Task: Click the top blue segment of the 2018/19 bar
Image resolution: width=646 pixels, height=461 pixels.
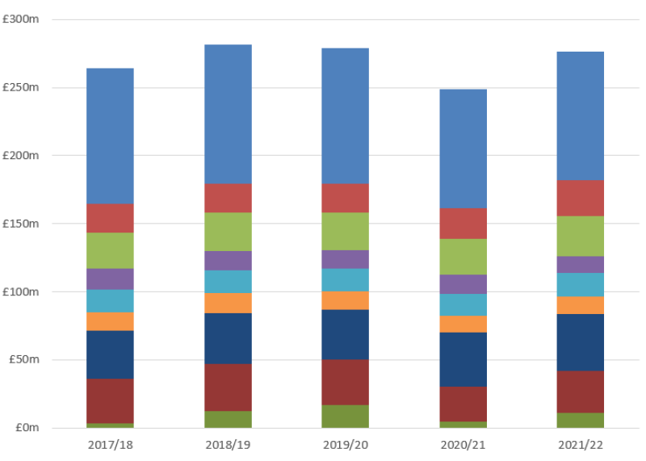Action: pyautogui.click(x=228, y=114)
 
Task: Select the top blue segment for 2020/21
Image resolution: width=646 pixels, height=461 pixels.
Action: pyautogui.click(x=463, y=149)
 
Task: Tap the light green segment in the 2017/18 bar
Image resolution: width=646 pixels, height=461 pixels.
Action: pyautogui.click(x=110, y=250)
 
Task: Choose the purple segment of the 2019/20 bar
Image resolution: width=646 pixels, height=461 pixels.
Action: pyautogui.click(x=345, y=259)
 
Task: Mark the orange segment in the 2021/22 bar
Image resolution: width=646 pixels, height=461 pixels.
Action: pyautogui.click(x=580, y=305)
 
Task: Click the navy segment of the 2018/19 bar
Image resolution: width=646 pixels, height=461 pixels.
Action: pyautogui.click(x=228, y=338)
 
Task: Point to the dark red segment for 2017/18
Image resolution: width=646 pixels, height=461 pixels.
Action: pyautogui.click(x=110, y=400)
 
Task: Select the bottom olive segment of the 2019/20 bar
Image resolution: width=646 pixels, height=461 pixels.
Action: pyautogui.click(x=345, y=416)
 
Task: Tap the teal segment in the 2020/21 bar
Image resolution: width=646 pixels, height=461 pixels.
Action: pyautogui.click(x=463, y=304)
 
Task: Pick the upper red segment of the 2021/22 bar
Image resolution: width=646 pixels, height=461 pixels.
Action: pyautogui.click(x=580, y=198)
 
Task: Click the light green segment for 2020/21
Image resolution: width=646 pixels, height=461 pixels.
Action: pyautogui.click(x=463, y=257)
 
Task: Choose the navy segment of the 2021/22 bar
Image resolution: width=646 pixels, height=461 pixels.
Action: pyautogui.click(x=580, y=342)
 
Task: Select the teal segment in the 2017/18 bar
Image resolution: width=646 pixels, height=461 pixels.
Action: pyautogui.click(x=110, y=300)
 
